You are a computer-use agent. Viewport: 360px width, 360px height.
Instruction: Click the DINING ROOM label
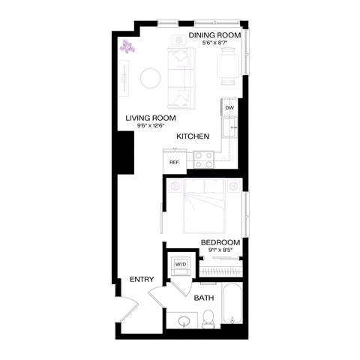point(214,34)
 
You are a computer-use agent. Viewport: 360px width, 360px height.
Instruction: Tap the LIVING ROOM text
point(151,118)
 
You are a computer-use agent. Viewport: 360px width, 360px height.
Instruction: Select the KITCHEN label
point(192,136)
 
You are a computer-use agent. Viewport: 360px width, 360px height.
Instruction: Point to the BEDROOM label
point(220,241)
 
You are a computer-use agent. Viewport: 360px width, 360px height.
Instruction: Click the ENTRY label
point(142,279)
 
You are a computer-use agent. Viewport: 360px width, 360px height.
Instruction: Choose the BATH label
point(204,298)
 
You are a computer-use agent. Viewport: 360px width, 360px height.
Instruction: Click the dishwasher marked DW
point(229,108)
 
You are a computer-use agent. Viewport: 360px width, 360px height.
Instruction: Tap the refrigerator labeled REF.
point(174,161)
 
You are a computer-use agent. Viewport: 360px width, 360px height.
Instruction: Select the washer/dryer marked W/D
point(181,264)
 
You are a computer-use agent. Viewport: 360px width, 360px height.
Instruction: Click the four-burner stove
point(203,158)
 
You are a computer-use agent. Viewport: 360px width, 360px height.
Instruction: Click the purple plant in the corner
point(130,47)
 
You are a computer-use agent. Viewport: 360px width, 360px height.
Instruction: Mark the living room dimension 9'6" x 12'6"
point(151,127)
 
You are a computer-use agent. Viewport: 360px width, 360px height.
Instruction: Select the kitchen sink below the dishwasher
point(232,129)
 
